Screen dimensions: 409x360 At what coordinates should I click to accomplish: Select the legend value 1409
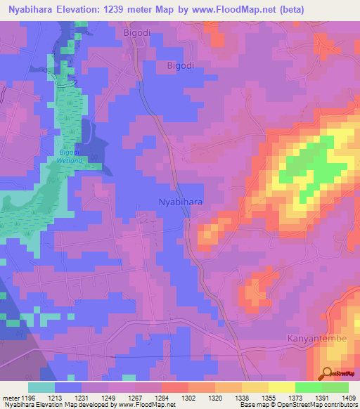click(349, 397)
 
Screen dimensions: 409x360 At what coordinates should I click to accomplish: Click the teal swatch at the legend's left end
click(41, 387)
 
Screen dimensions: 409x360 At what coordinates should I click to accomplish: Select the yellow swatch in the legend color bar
click(281, 387)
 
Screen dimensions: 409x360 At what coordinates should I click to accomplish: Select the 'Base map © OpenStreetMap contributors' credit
click(298, 405)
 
